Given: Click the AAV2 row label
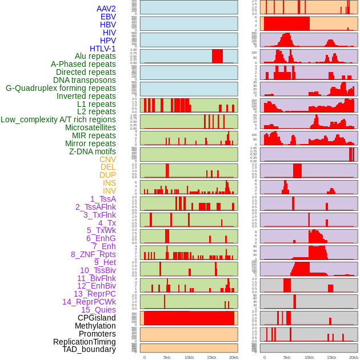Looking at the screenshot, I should point(106,9).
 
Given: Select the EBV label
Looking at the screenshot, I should point(108,17).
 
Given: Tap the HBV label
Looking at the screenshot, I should point(108,25).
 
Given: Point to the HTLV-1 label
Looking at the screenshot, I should point(103,49).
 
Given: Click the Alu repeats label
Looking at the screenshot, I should point(95,56).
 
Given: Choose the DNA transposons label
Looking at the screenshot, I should point(85,80).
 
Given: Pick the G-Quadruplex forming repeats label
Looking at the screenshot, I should point(61,88).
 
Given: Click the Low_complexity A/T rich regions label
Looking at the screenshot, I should point(58,119).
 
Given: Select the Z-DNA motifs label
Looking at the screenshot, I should point(93,151).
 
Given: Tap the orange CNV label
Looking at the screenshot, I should point(107,159).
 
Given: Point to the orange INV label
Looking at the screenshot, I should point(109,191).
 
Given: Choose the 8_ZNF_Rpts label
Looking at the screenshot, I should point(93,254).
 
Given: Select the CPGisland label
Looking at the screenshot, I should point(97,318).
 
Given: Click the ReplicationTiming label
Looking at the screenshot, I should point(84,342).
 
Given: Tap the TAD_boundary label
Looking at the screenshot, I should point(89,349).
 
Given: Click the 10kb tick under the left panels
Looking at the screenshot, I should point(189,357).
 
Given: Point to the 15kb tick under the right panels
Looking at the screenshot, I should point(331,357).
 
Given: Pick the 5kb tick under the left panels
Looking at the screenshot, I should point(167,357).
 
